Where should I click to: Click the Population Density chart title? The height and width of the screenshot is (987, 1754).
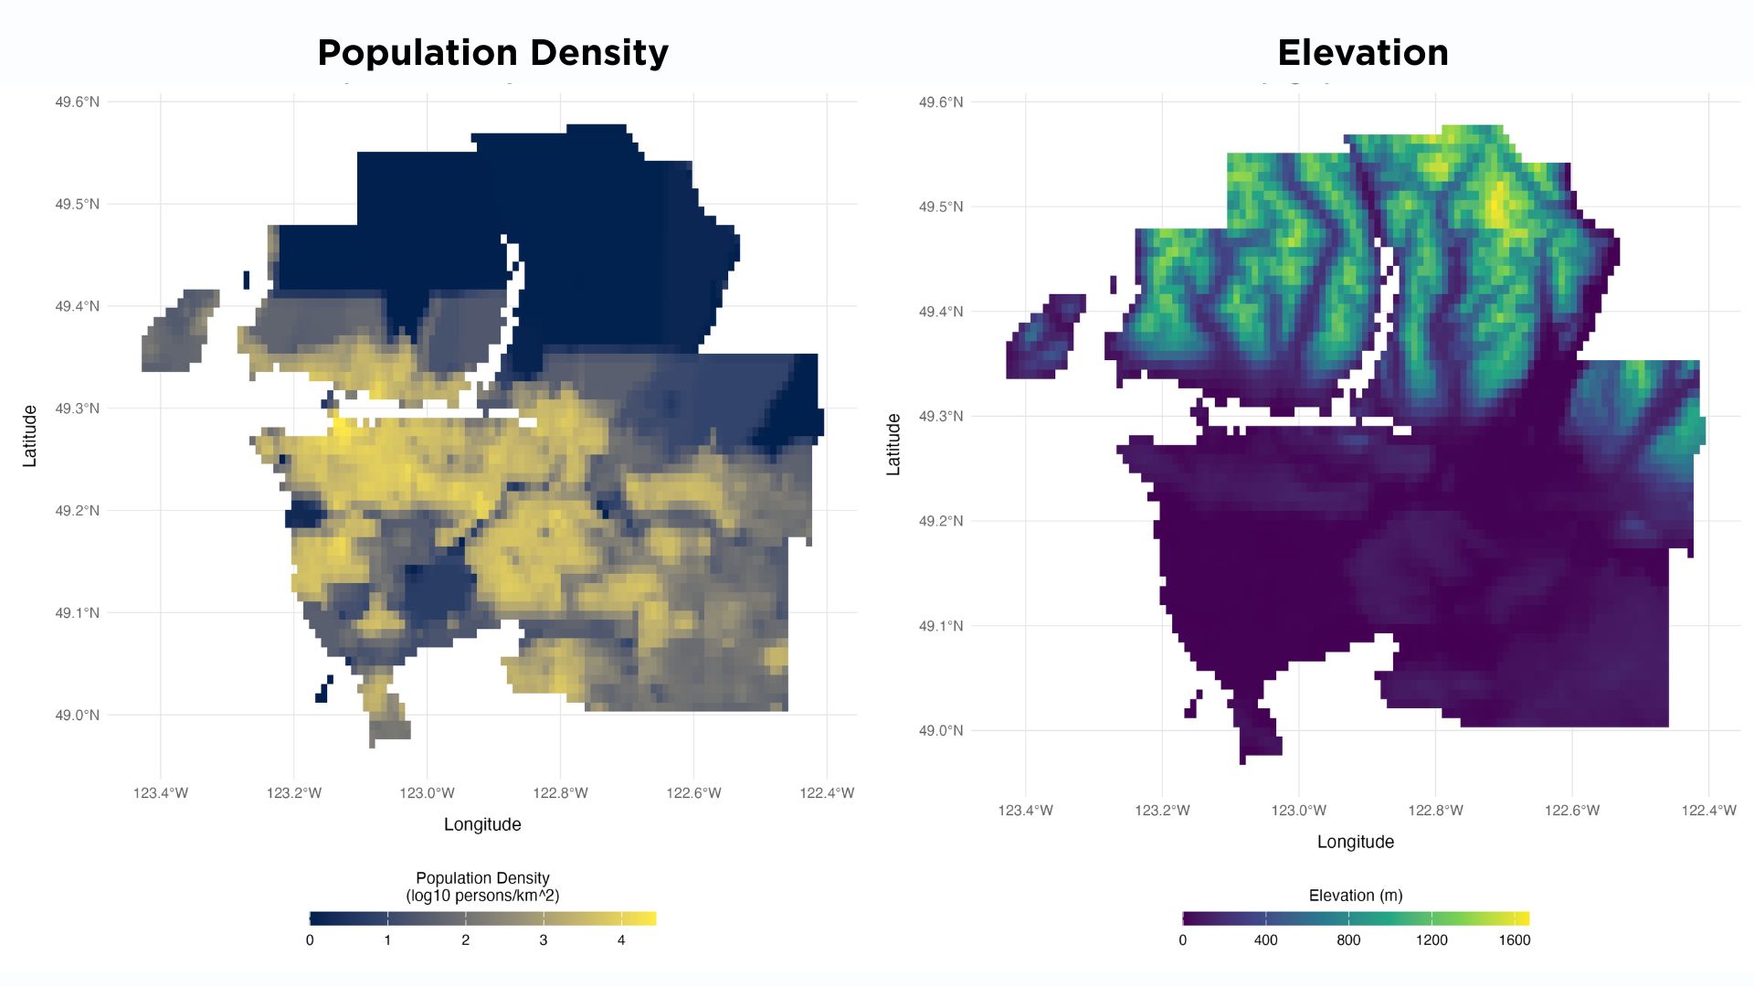point(492,53)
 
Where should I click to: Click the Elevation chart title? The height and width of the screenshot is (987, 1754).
point(1362,53)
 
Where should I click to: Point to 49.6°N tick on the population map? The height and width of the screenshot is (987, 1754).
point(77,101)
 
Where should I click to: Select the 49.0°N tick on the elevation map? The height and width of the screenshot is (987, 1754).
point(940,730)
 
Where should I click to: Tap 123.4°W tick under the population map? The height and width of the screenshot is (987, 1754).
point(161,792)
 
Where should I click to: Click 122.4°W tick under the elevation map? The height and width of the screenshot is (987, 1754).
point(1708,810)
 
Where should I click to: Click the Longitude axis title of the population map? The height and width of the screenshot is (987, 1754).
point(482,824)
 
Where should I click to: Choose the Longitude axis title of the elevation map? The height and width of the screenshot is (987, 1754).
point(1355,842)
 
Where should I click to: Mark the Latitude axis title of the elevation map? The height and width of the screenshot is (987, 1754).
point(893,444)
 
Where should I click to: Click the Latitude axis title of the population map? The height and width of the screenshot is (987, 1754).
point(30,436)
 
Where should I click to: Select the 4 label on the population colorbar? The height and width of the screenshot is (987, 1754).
point(621,939)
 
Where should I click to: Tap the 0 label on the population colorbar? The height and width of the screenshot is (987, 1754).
point(310,939)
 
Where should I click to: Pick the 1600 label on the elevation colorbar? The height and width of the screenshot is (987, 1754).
point(1514,939)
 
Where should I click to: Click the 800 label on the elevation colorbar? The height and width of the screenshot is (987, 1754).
point(1347,939)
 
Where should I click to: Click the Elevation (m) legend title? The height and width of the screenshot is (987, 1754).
point(1355,896)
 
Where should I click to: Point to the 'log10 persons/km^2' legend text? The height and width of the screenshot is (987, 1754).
point(482,896)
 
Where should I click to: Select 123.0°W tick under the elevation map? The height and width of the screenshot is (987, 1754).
point(1298,810)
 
